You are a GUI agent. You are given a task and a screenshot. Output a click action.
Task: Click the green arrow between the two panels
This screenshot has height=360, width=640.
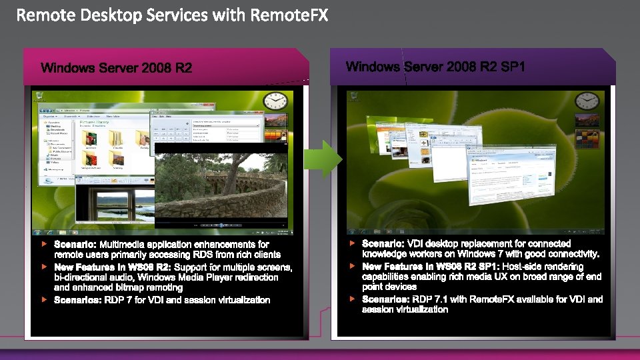(322, 159)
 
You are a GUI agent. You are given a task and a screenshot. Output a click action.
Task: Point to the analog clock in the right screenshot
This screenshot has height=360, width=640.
(587, 101)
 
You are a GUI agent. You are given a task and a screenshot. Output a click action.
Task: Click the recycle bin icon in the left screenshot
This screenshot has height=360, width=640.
(39, 98)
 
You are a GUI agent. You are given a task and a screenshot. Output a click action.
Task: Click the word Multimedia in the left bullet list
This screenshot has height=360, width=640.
(125, 245)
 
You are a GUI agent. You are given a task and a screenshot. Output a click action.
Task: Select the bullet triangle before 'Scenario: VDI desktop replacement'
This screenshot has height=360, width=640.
(353, 243)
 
